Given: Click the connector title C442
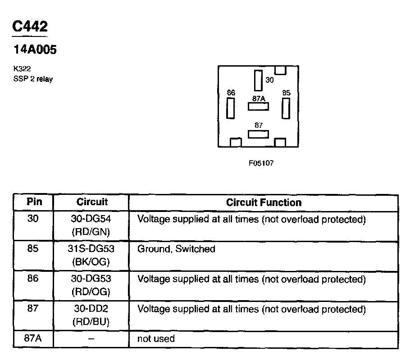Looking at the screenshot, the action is click(30, 26).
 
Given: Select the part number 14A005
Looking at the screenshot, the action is click(35, 49).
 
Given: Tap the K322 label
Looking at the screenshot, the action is click(22, 69).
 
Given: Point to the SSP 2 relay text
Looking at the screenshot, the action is click(33, 79).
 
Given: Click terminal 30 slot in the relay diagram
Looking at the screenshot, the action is click(258, 81).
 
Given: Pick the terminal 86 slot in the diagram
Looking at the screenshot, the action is click(231, 108).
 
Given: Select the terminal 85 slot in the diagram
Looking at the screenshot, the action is click(286, 108).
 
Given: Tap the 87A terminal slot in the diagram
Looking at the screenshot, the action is click(258, 106).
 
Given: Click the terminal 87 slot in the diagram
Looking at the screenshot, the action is click(258, 134).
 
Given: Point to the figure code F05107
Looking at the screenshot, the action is click(261, 163).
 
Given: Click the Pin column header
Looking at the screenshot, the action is click(34, 202).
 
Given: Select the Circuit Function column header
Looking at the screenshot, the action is click(264, 202).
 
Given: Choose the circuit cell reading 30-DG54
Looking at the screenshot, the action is click(91, 219).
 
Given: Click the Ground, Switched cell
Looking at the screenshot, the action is click(176, 249).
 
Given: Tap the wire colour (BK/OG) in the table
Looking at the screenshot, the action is click(91, 262).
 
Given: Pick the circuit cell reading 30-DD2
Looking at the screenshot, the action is click(91, 309).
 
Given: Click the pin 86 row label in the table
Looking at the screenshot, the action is click(33, 279).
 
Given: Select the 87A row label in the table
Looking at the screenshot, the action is click(33, 338).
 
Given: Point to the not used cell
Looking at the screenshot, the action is click(156, 339).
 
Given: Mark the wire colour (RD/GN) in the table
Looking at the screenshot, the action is click(91, 232).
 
